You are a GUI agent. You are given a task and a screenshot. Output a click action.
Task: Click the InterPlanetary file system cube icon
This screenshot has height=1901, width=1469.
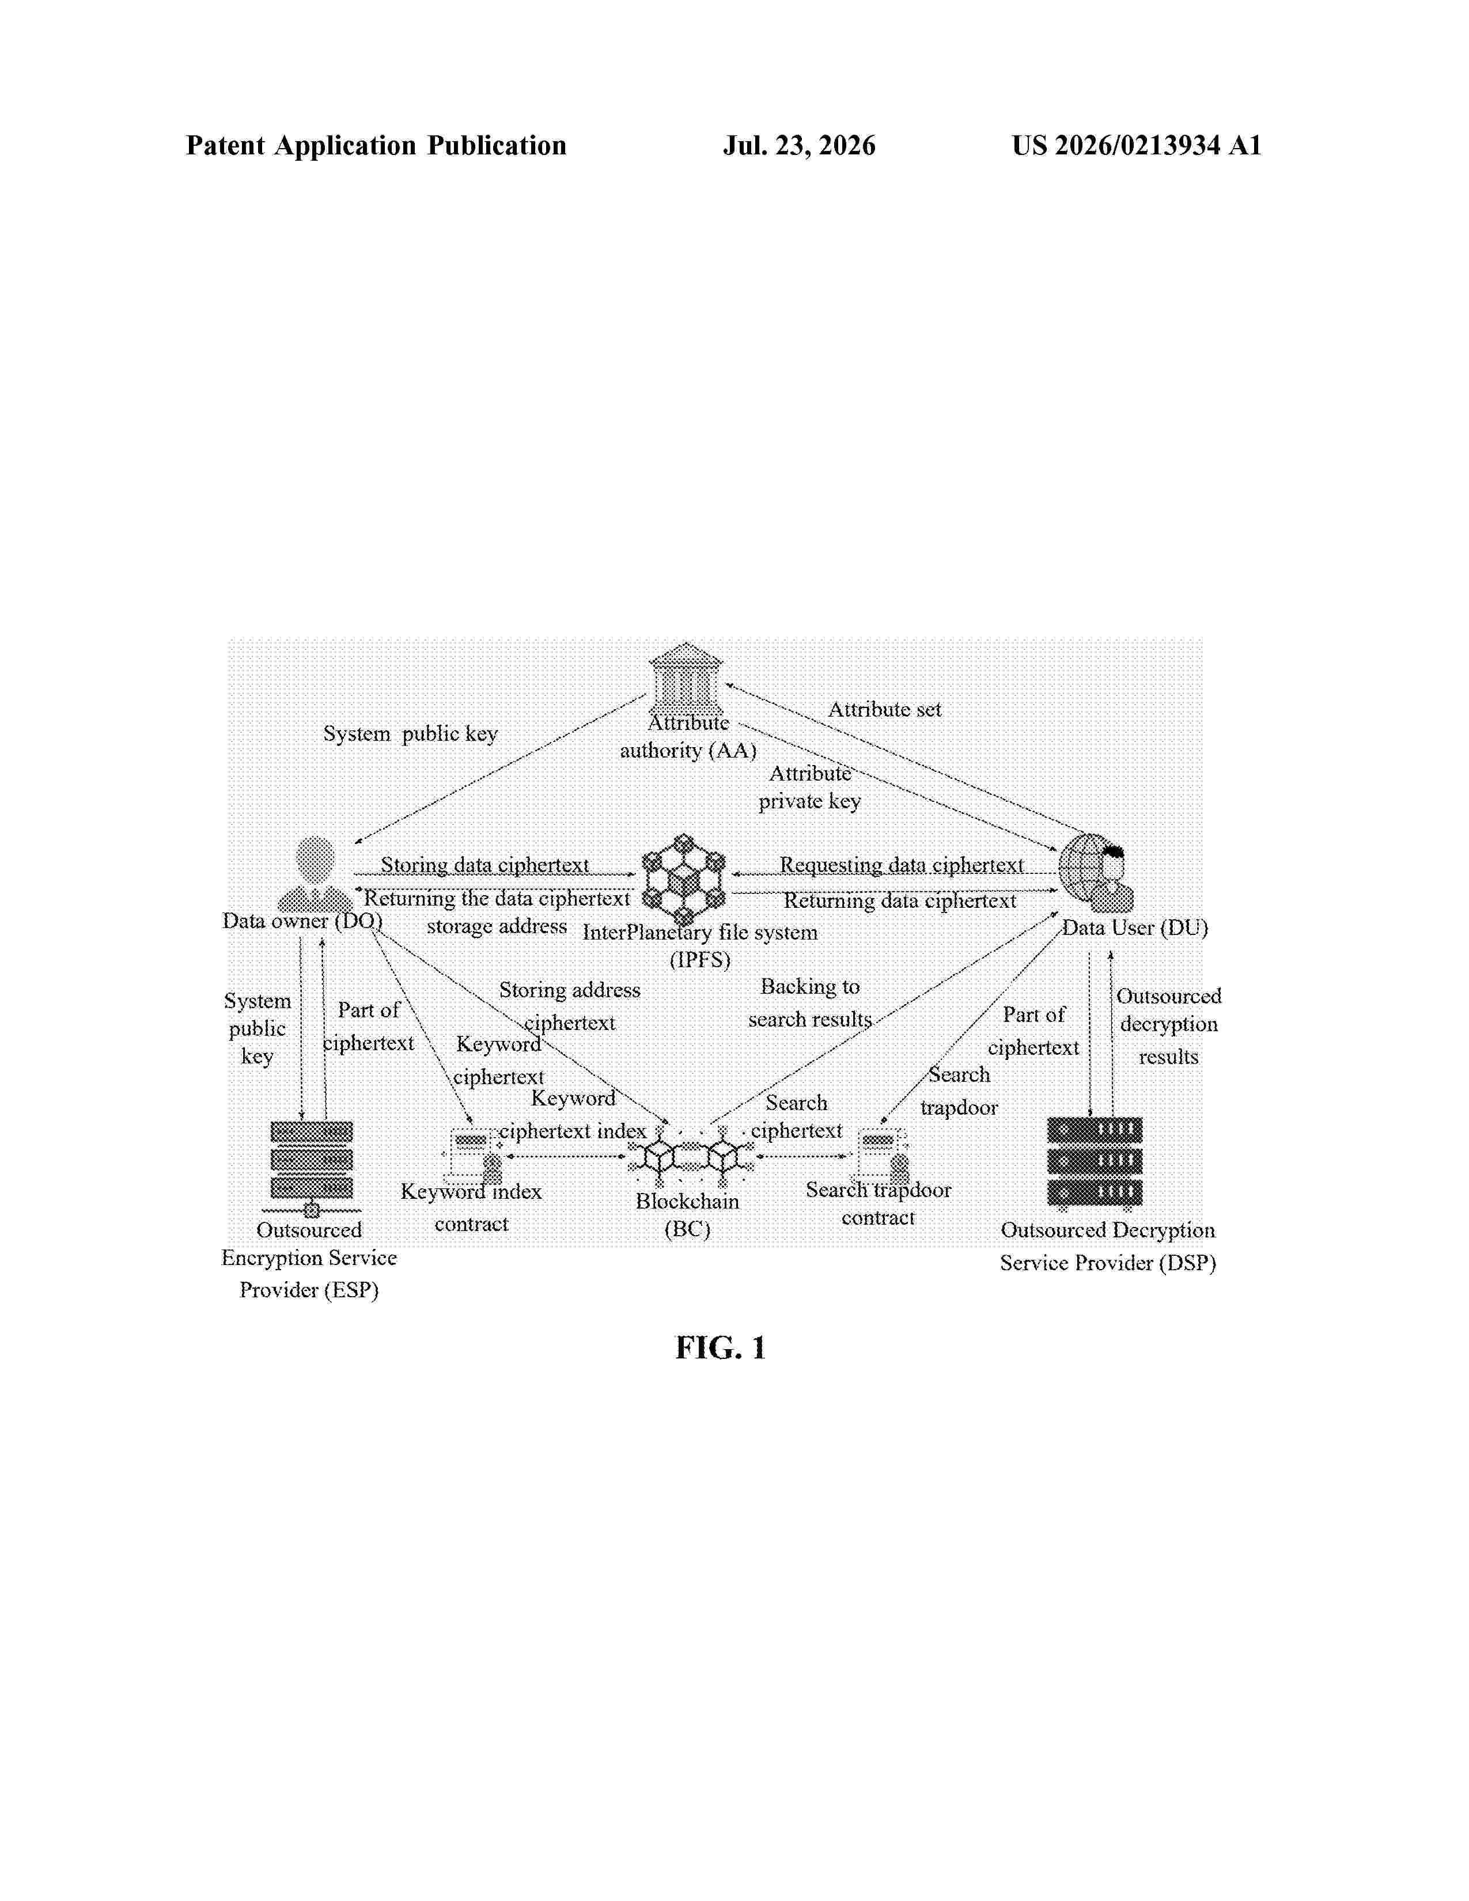pyautogui.click(x=684, y=879)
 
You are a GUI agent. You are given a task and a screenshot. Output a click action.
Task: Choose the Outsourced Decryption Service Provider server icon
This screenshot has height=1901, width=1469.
pyautogui.click(x=1095, y=1164)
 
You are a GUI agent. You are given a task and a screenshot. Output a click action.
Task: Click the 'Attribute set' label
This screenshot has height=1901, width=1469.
pyautogui.click(x=884, y=709)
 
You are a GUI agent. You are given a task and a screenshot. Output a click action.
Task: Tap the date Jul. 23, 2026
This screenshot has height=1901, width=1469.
pyautogui.click(x=799, y=145)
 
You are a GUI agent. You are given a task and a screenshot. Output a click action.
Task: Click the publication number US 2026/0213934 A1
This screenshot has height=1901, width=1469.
pyautogui.click(x=1137, y=145)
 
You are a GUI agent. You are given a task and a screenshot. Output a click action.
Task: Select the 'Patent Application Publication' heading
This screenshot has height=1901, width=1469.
pyautogui.click(x=376, y=145)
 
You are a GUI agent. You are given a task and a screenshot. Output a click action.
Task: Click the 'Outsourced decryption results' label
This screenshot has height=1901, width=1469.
pyautogui.click(x=1169, y=1026)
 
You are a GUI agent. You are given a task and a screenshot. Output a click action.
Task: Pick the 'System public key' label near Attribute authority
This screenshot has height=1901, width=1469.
pyautogui.click(x=411, y=734)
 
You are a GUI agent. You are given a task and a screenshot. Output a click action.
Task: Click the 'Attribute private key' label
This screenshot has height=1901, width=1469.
pyautogui.click(x=809, y=787)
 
